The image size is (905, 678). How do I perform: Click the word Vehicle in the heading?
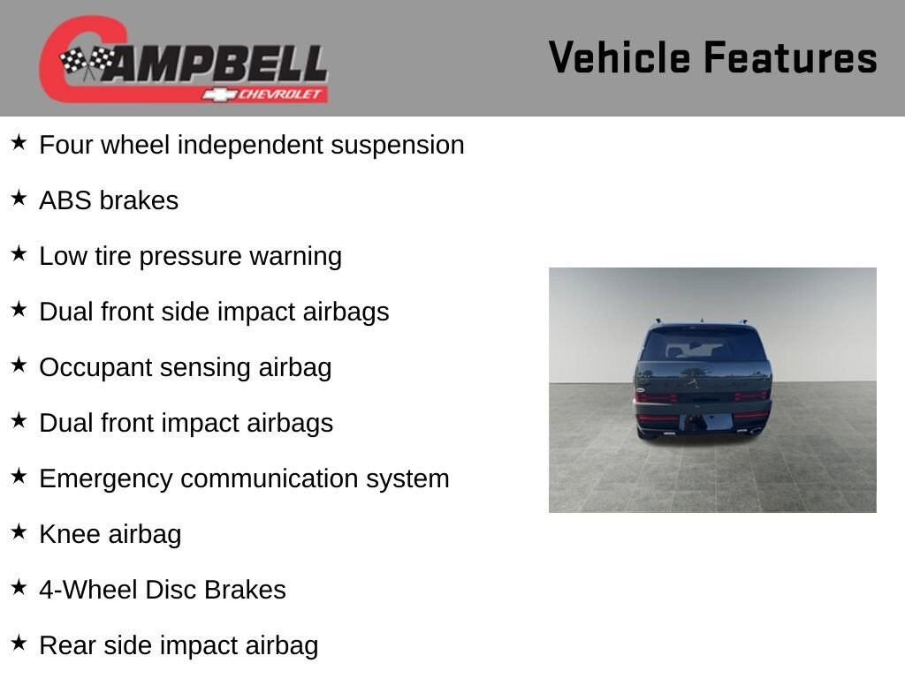click(x=620, y=57)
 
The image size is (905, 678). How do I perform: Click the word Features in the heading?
click(x=791, y=57)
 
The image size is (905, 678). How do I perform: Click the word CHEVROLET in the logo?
click(x=279, y=94)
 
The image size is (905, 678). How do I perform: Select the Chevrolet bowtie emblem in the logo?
click(x=219, y=94)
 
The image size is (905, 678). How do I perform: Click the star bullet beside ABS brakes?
click(x=19, y=198)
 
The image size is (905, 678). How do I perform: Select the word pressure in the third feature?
click(x=190, y=257)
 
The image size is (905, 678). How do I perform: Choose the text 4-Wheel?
click(x=88, y=590)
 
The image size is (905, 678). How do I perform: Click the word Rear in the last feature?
click(x=67, y=645)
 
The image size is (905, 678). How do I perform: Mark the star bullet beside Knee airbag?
click(x=19, y=531)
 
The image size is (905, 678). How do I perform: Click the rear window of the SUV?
click(x=703, y=346)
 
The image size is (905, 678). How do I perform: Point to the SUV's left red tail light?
click(x=657, y=397)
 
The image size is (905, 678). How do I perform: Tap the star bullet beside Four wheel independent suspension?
click(x=19, y=142)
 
